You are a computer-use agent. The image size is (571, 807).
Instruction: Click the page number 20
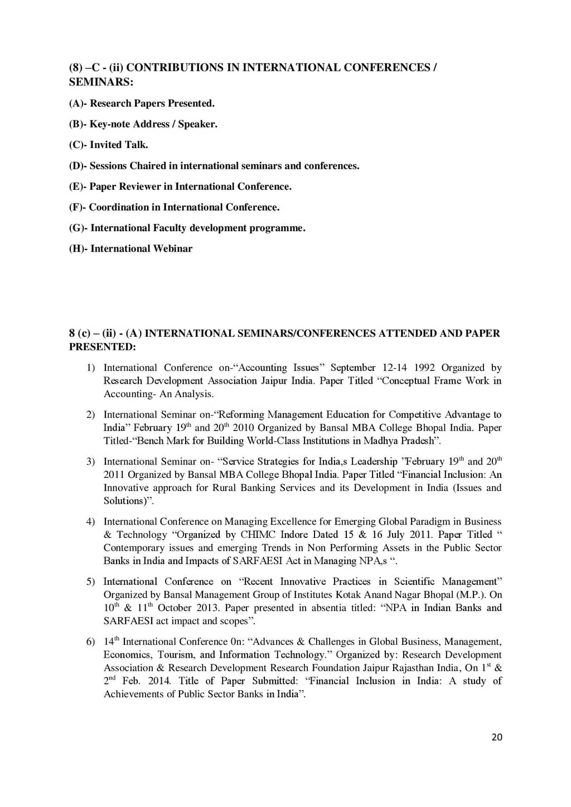[497, 737]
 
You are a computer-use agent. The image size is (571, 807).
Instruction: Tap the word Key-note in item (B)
[110, 124]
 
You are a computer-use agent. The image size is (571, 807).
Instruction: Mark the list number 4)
[90, 522]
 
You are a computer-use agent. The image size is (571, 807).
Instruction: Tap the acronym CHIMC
[258, 535]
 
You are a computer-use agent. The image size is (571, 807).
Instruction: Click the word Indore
[294, 535]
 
